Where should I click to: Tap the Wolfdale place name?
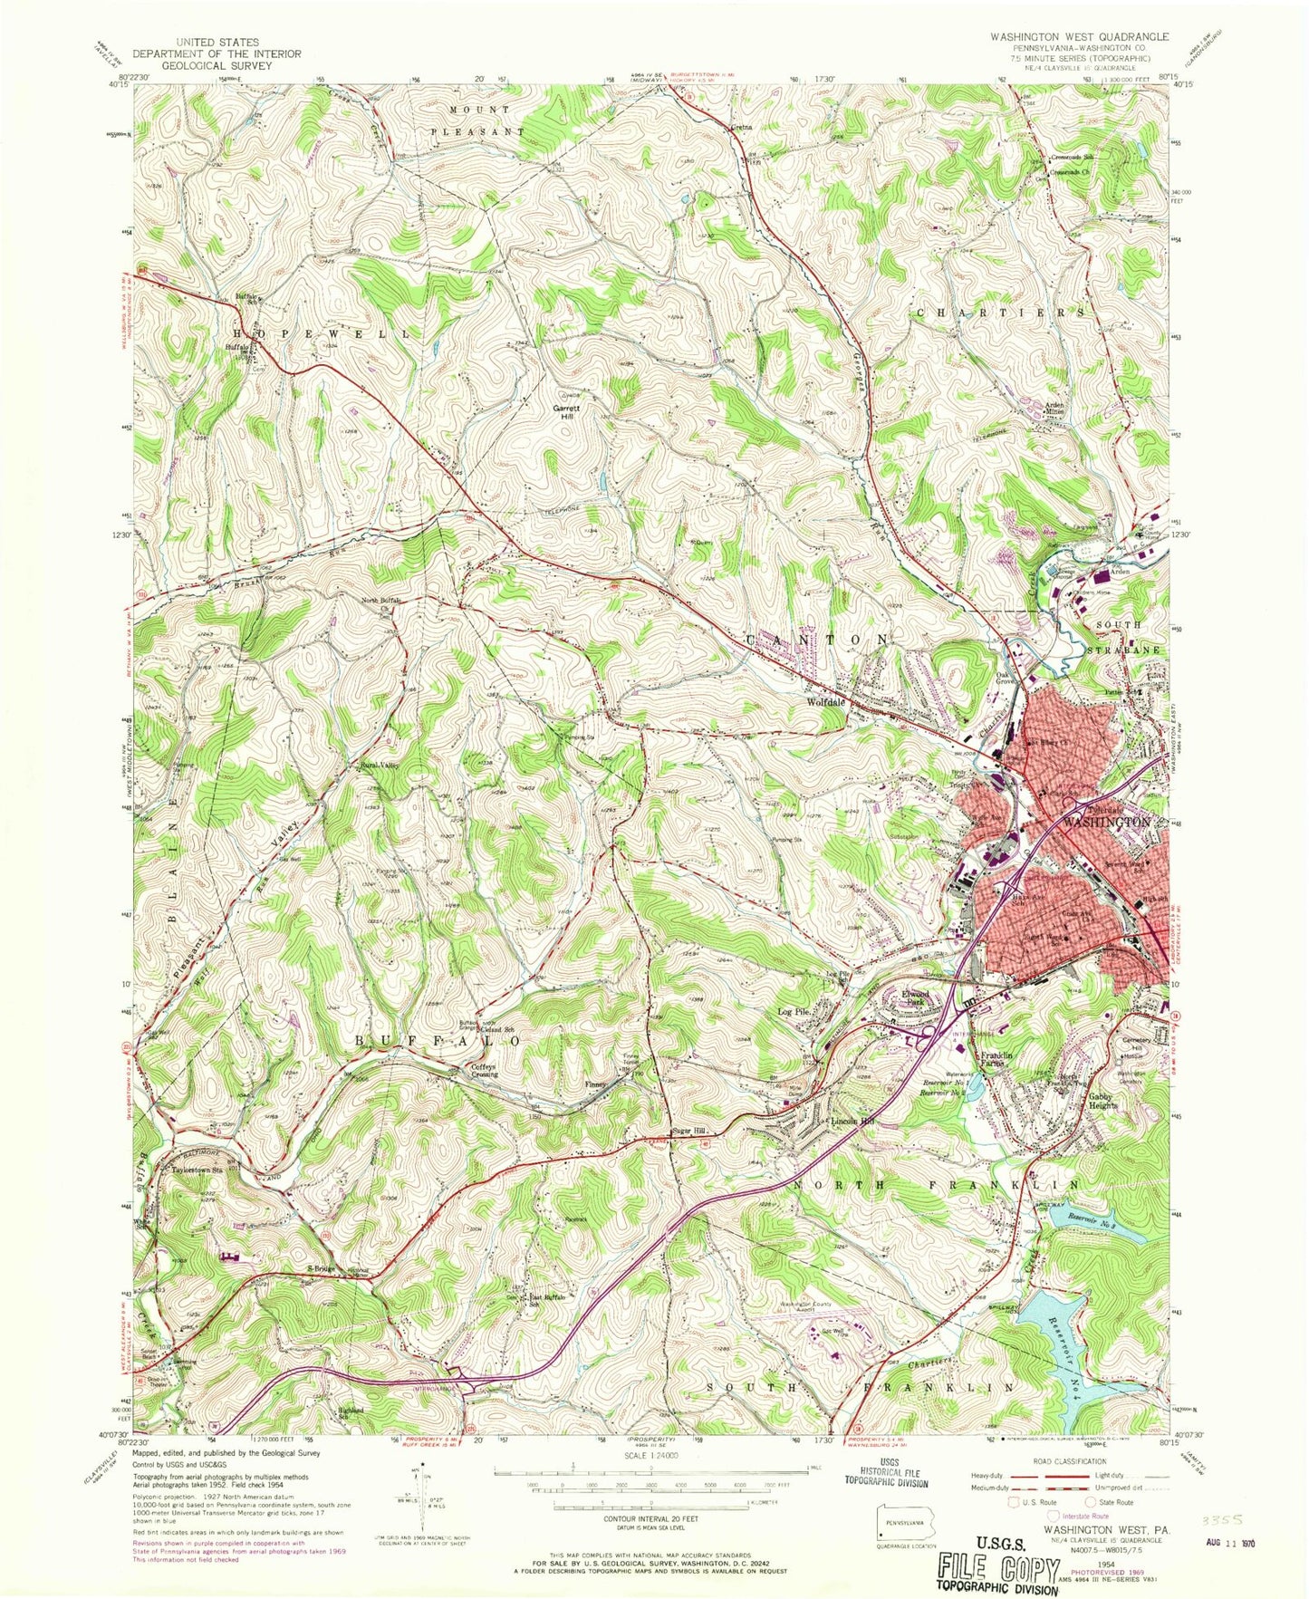(833, 702)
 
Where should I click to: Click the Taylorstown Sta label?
(198, 1169)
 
